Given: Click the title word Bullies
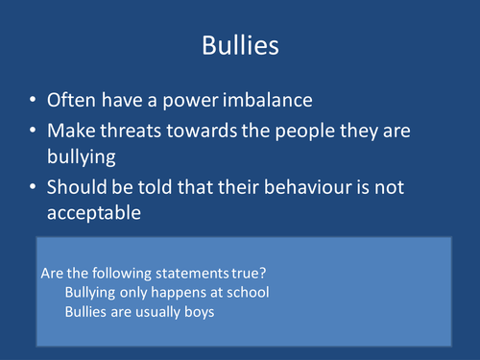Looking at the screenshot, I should pos(239,45).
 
